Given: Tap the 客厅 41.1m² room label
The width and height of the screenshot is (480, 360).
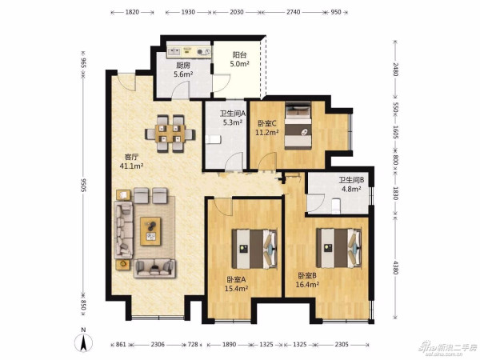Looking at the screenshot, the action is click(x=132, y=162).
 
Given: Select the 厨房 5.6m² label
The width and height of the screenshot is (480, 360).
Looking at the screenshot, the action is click(x=183, y=70).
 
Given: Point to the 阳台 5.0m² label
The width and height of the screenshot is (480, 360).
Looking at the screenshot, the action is click(x=239, y=59).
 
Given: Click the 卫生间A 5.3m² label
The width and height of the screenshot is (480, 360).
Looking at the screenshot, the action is click(x=233, y=118).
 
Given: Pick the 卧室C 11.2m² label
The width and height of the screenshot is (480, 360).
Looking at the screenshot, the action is click(x=267, y=128).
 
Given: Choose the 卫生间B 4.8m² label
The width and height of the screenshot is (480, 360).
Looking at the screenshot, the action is click(x=351, y=184).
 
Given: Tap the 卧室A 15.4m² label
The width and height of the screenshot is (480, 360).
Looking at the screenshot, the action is click(x=236, y=284).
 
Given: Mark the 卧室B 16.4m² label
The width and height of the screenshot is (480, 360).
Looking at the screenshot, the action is click(x=307, y=280).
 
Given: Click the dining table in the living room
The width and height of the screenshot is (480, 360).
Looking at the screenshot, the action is click(x=170, y=134).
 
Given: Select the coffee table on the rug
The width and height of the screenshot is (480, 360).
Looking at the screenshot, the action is click(x=150, y=231).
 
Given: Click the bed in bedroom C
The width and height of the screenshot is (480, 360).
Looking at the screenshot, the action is click(x=298, y=126).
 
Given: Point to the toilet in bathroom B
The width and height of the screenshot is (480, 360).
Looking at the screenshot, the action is click(x=336, y=206).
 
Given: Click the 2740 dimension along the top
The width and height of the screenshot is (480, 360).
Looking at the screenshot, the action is click(x=294, y=12).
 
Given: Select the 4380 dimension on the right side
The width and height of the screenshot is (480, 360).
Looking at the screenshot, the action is click(x=396, y=268).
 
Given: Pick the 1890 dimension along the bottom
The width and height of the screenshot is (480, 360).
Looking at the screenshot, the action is click(x=229, y=345).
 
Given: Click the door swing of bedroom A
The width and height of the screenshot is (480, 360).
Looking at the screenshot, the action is click(x=223, y=206).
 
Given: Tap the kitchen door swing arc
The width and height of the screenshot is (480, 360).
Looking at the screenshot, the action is click(x=180, y=90).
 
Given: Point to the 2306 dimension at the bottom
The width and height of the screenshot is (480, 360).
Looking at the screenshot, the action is click(x=158, y=345).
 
